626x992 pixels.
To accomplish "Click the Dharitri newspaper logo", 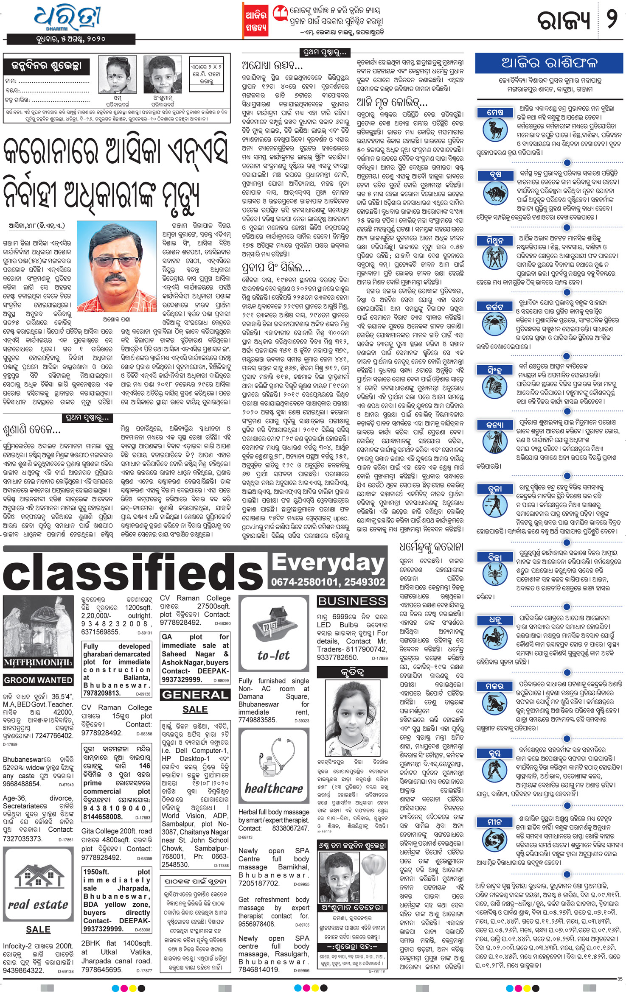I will pyautogui.click(x=68, y=19).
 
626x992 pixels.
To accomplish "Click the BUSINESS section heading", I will pyautogui.click(x=352, y=601).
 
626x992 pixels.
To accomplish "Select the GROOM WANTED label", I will pyautogui.click(x=38, y=680).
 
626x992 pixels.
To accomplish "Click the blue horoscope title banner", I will pyautogui.click(x=549, y=63).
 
